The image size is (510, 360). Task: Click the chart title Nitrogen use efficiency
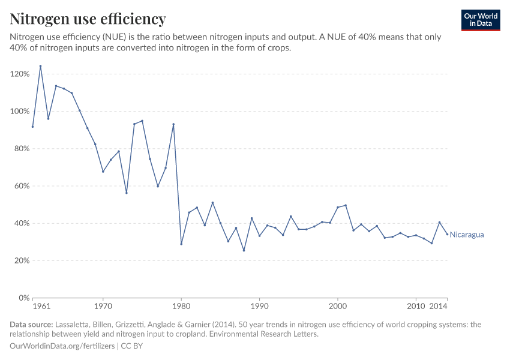88,19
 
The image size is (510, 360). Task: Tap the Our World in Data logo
481,20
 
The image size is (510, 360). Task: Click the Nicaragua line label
466,235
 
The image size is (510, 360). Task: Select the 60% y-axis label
22,186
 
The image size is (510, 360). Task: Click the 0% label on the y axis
24,298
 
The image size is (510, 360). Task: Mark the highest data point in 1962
41,66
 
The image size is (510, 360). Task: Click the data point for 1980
181,244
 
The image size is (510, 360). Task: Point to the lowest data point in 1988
244,250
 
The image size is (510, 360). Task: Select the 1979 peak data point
173,124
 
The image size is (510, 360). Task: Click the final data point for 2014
447,234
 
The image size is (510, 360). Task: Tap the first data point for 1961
33,127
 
